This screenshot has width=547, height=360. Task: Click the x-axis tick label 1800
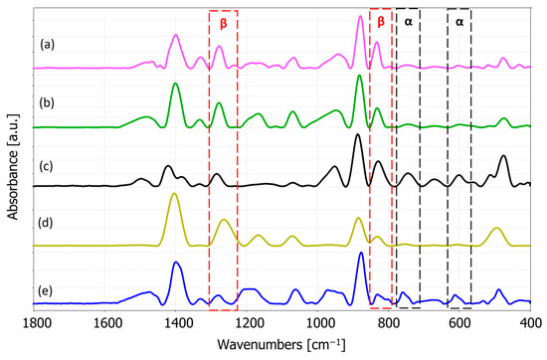point(36,323)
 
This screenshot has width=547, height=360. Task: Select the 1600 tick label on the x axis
point(106,323)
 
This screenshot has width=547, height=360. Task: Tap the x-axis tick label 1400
point(177,323)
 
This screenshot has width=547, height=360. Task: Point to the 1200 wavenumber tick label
point(248,323)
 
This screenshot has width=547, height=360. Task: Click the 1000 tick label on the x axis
point(318,323)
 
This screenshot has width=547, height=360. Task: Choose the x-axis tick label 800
point(389,323)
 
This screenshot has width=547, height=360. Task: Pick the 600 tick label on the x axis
point(459,323)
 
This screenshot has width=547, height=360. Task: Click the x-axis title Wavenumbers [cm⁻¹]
point(282,344)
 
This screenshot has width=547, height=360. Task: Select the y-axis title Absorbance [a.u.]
point(12,164)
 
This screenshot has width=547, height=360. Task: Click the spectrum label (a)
point(46,45)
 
